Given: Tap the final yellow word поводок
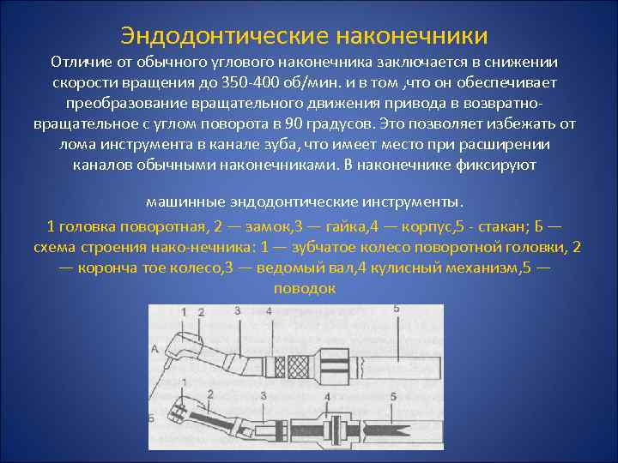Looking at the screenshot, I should pyautogui.click(x=304, y=288).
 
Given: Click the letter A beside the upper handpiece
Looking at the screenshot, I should pyautogui.click(x=153, y=348).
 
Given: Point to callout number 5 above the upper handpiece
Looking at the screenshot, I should pyautogui.click(x=396, y=309).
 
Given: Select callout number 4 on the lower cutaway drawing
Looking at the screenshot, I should pyautogui.click(x=327, y=397).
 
